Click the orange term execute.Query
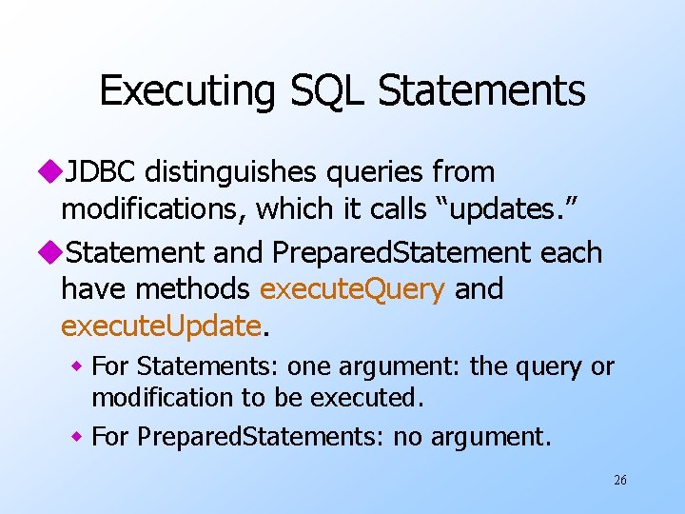coord(352,289)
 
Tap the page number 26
coord(619,481)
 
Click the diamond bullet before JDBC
coord(51,173)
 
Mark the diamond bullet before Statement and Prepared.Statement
coord(51,253)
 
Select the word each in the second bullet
coord(571,253)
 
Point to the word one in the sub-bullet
coord(314,366)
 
